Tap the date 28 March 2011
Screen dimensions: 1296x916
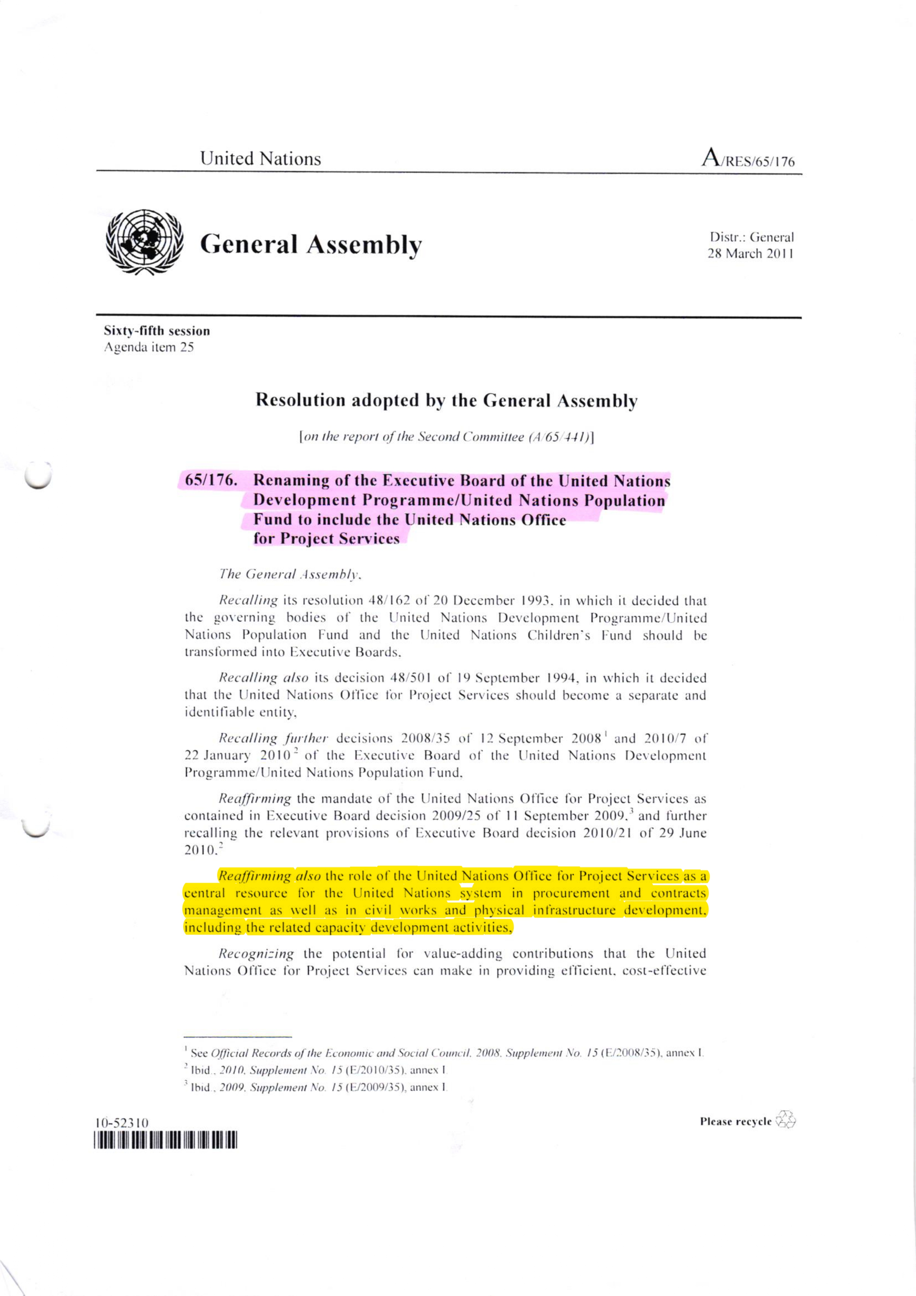point(751,254)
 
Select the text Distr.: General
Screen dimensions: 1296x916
point(752,237)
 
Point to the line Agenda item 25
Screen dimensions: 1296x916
point(148,348)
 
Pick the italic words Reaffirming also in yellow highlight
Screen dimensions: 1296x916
point(270,876)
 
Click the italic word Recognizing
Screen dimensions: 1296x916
point(256,954)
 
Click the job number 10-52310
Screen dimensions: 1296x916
point(122,1123)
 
